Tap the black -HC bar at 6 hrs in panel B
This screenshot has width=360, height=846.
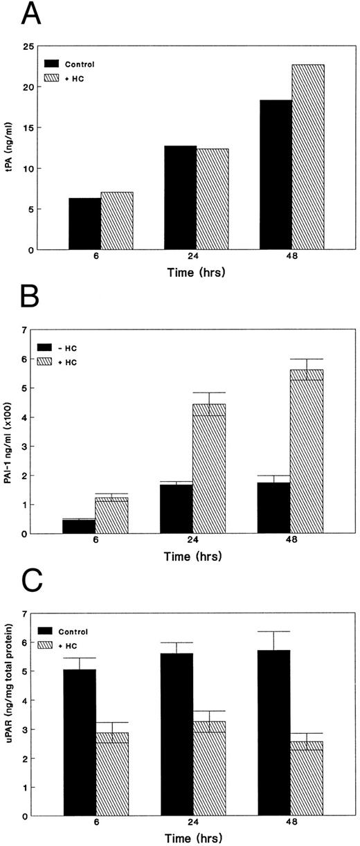coord(84,526)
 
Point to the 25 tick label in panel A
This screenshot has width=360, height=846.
coord(45,46)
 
